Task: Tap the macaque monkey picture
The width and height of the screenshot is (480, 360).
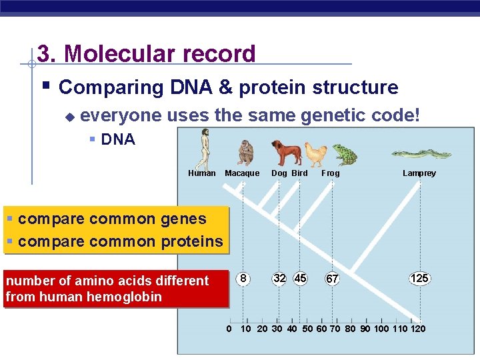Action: (x=246, y=153)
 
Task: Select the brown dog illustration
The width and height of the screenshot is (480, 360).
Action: (x=285, y=153)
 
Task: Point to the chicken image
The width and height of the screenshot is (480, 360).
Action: (x=316, y=154)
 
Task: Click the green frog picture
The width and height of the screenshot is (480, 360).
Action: (x=344, y=154)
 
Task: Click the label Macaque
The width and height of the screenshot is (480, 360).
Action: (x=242, y=173)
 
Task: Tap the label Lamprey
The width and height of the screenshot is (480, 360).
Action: (x=419, y=173)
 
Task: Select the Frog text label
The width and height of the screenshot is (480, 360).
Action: (x=331, y=173)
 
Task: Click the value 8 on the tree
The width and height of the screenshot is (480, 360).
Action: (x=245, y=278)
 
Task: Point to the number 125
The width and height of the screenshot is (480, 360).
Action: (x=419, y=278)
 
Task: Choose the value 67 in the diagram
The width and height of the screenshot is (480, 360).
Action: (x=332, y=279)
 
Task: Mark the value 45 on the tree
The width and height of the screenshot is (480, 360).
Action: (x=300, y=278)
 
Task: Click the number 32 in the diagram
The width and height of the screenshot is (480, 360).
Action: (x=279, y=278)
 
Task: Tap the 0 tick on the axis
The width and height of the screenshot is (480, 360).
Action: (x=229, y=329)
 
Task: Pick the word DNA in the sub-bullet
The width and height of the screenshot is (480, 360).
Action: (x=118, y=139)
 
